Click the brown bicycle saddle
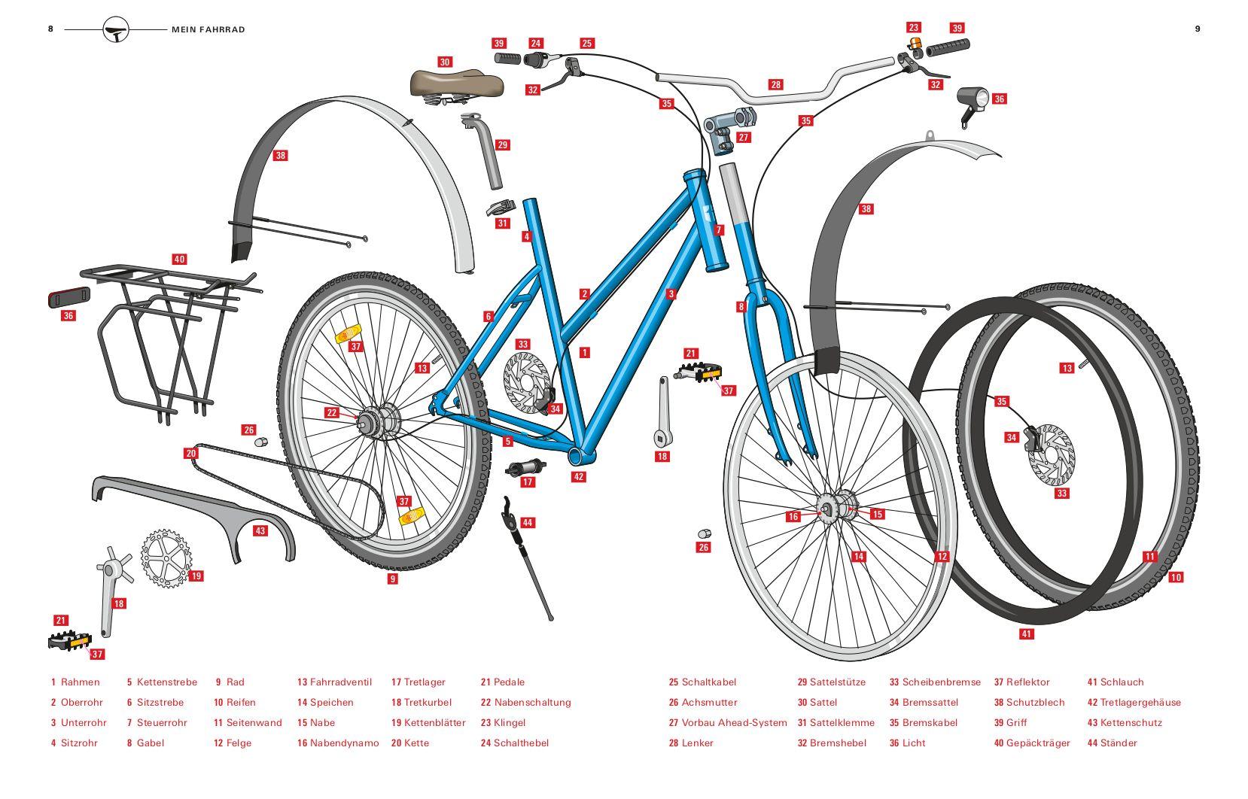click(456, 84)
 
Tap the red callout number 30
click(445, 62)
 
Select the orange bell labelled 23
click(915, 44)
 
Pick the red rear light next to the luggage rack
click(68, 298)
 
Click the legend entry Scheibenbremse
click(941, 682)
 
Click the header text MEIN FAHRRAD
click(209, 29)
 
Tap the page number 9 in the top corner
click(1197, 29)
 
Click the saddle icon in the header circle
click(116, 30)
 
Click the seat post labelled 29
click(489, 154)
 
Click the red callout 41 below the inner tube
click(1026, 634)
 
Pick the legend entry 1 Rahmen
click(75, 682)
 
